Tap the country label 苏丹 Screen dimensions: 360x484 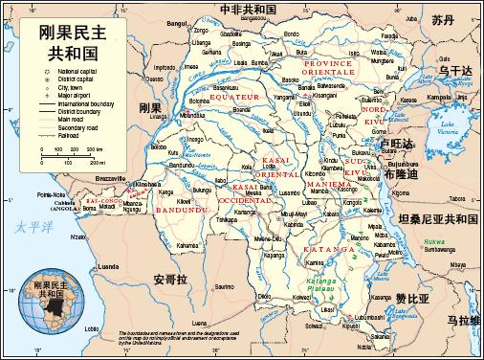[441, 20]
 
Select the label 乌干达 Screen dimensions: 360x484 [455, 71]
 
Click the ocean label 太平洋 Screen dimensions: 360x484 [31, 226]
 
